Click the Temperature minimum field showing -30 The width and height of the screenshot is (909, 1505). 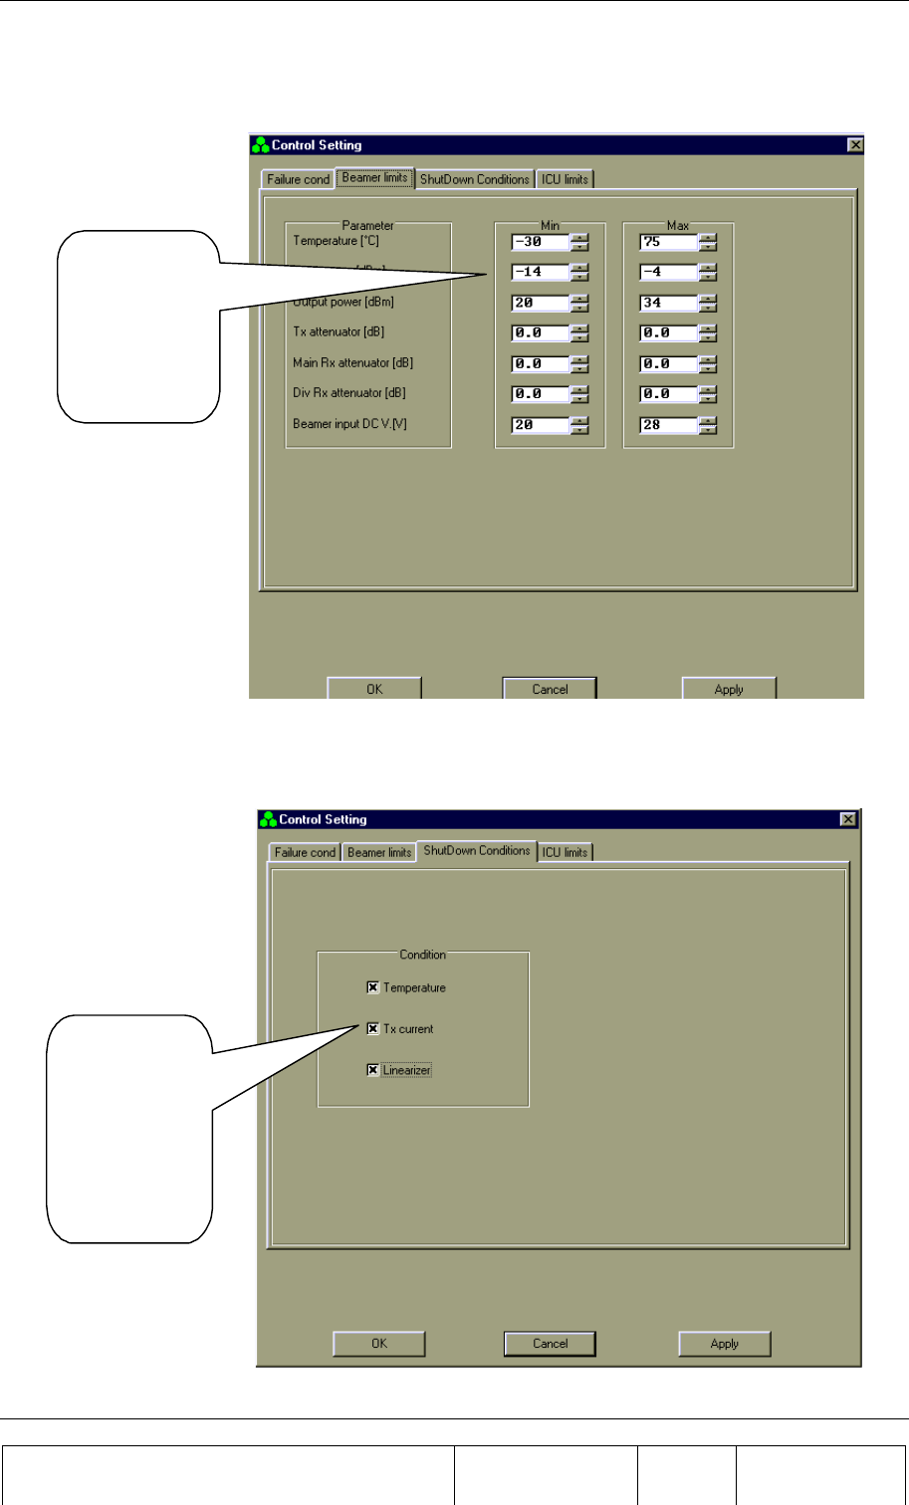[x=540, y=242]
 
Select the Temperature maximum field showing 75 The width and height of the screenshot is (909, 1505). [x=667, y=242]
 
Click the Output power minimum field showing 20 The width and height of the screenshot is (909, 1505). [x=540, y=303]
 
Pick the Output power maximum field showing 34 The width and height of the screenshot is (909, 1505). [x=667, y=303]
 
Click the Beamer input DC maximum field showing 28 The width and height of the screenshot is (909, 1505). [x=667, y=425]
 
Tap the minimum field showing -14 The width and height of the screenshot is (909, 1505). [x=540, y=272]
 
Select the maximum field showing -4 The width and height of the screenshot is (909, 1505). [x=667, y=272]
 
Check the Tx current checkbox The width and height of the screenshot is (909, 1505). [x=373, y=1029]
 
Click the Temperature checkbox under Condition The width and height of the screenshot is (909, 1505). [x=373, y=987]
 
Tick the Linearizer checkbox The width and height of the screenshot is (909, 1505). [x=373, y=1070]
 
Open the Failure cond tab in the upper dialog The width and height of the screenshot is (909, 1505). [x=298, y=180]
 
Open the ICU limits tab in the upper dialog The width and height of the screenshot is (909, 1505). [x=565, y=180]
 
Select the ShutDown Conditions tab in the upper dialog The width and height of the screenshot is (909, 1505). [x=474, y=180]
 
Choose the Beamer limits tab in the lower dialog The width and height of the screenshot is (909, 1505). [x=379, y=853]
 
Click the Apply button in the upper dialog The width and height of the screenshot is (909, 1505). [x=729, y=689]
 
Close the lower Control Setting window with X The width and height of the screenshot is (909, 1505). [x=848, y=819]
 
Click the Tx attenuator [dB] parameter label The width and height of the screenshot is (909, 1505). [x=339, y=332]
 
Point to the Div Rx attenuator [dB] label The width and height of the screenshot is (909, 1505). [x=348, y=393]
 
